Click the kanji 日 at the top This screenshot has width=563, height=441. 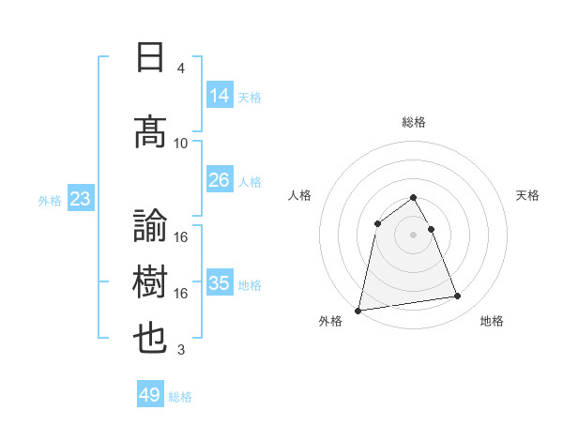[x=151, y=58]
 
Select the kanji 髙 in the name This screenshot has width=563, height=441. [x=151, y=132]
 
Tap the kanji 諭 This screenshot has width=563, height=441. [x=151, y=226]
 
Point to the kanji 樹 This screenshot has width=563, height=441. [x=151, y=282]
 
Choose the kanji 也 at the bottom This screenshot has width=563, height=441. [x=151, y=339]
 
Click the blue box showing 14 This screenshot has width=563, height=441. [x=220, y=96]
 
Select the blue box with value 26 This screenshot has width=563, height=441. [x=220, y=180]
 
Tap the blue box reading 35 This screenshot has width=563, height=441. [x=220, y=283]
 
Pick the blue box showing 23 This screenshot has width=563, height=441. [x=80, y=199]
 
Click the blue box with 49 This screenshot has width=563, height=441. [x=150, y=395]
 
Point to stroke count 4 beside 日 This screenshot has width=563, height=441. [x=180, y=68]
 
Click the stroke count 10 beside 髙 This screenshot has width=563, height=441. [x=181, y=143]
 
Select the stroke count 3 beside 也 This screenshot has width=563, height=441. [x=180, y=350]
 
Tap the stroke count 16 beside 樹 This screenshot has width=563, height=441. [x=181, y=293]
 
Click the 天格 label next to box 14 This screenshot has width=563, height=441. [x=250, y=98]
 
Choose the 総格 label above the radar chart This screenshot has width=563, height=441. [x=413, y=122]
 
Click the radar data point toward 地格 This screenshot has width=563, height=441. [x=458, y=297]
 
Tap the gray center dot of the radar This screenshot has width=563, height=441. [x=413, y=234]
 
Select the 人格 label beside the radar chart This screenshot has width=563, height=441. [x=300, y=195]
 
